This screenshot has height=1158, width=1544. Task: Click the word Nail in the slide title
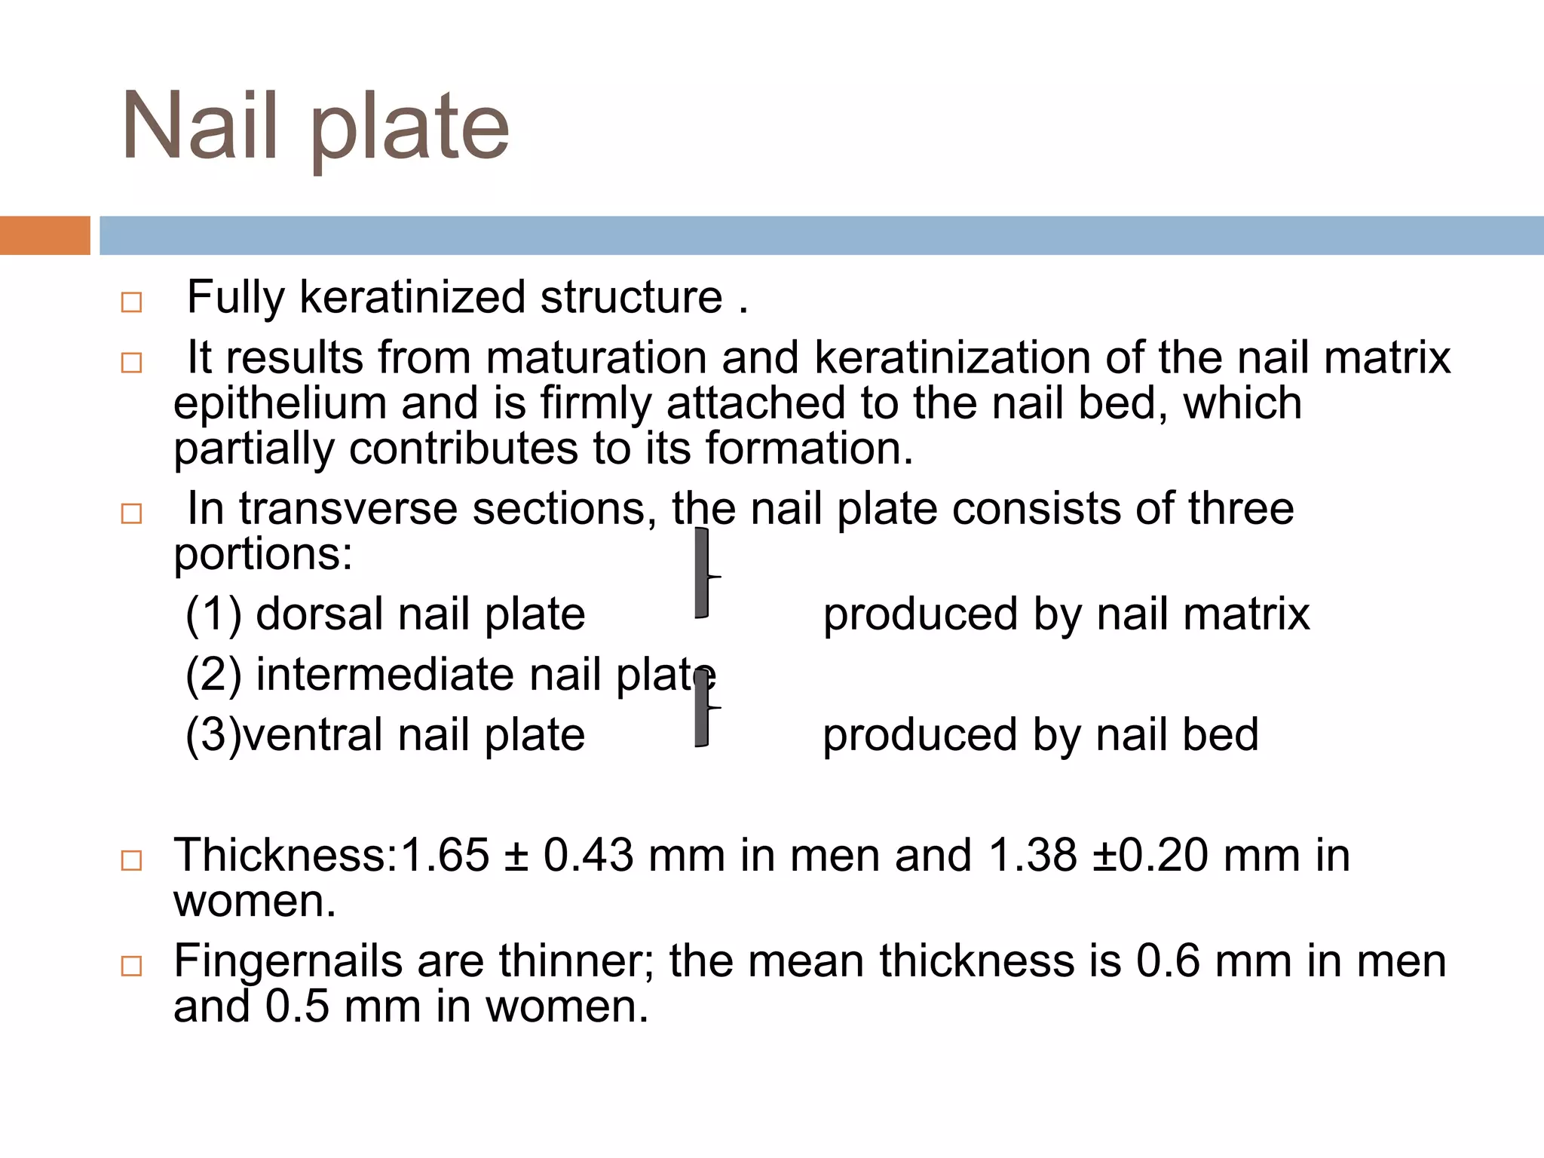(200, 126)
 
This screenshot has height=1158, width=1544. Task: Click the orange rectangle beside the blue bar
(44, 235)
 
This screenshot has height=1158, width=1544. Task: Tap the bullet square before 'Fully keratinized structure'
(131, 302)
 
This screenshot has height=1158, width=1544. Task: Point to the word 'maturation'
(596, 357)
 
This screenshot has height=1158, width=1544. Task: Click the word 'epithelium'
(279, 403)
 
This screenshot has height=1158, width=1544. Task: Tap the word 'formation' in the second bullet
(802, 449)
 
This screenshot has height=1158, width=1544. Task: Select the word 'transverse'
(348, 509)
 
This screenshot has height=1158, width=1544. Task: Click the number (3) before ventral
(213, 735)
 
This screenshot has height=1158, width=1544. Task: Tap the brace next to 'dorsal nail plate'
(703, 573)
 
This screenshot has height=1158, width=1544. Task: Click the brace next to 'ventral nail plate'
(703, 709)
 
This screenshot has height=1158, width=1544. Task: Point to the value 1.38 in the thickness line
(1032, 856)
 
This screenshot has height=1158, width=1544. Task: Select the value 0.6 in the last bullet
(1167, 961)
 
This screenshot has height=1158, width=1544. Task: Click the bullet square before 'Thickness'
(131, 860)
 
